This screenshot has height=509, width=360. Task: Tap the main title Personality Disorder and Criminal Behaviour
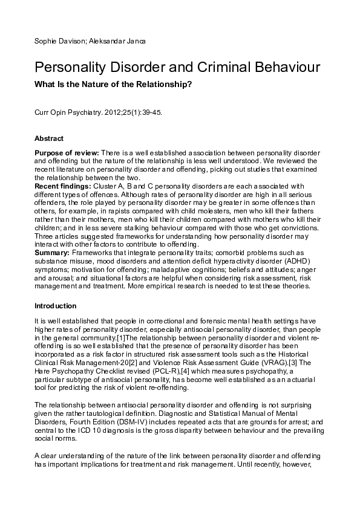tap(177, 66)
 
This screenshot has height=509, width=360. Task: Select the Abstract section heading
tap(49, 139)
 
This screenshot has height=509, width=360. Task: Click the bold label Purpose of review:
tap(67, 152)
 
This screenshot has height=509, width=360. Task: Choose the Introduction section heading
tap(55, 306)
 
